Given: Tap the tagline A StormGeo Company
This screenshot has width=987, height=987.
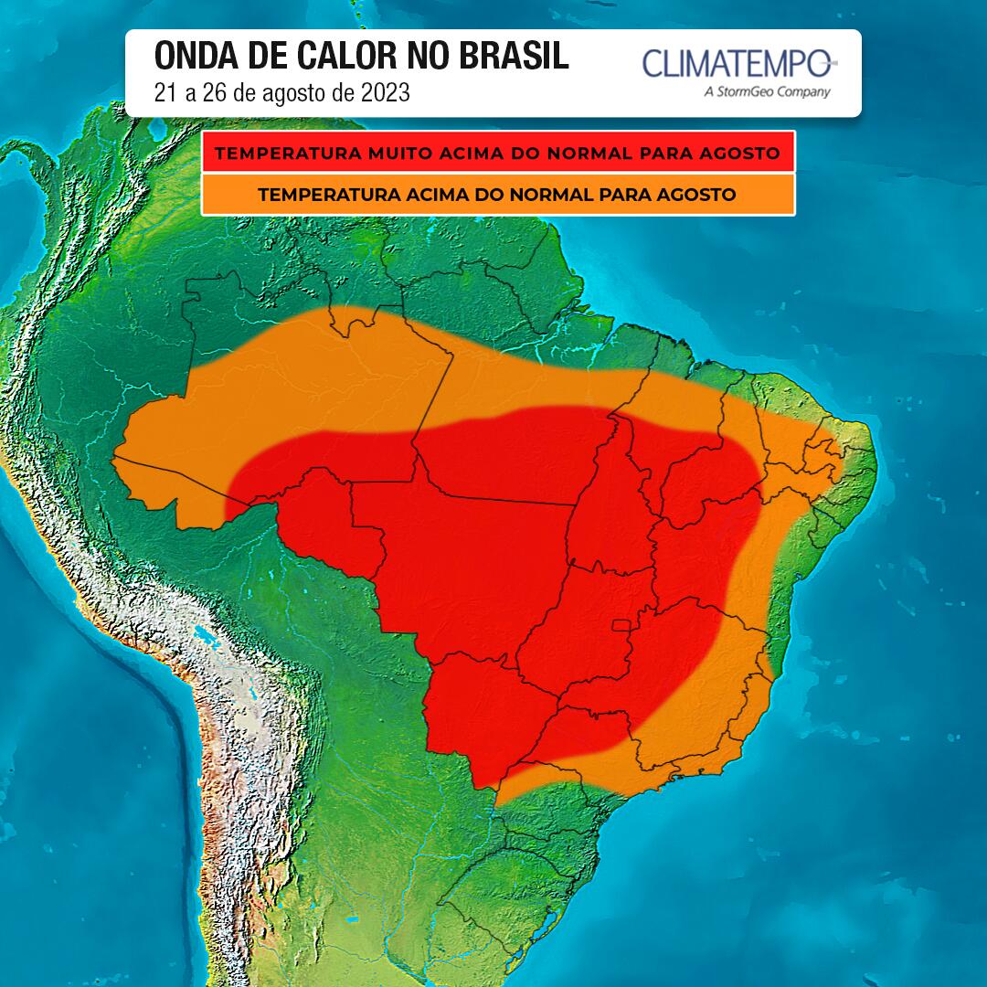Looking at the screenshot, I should [x=767, y=91].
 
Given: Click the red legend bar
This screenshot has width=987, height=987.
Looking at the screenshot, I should [x=498, y=152].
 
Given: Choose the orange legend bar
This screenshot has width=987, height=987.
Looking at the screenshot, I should [x=498, y=195].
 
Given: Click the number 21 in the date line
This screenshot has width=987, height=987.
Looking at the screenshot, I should [x=164, y=93].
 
